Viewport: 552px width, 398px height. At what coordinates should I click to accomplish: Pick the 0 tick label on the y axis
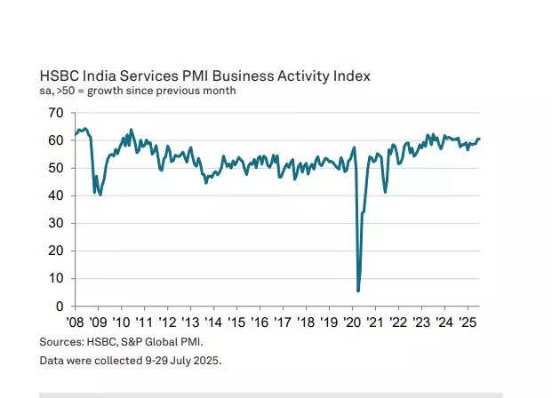coord(58,306)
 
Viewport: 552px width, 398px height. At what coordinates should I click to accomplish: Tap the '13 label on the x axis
coord(189,322)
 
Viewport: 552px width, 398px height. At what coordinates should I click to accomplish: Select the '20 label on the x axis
coord(350,322)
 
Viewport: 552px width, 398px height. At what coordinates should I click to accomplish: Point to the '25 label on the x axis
coord(465,322)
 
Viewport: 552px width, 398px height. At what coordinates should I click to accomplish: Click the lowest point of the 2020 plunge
coord(358,291)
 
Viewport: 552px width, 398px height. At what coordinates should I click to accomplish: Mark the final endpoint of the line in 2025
coord(479,139)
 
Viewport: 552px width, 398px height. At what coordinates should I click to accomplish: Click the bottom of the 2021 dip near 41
coord(385,192)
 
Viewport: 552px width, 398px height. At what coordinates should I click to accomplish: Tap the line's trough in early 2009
coord(100,194)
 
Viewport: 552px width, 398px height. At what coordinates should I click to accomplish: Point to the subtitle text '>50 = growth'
coord(92,92)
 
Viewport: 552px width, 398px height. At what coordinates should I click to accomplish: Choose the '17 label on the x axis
coord(281,322)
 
